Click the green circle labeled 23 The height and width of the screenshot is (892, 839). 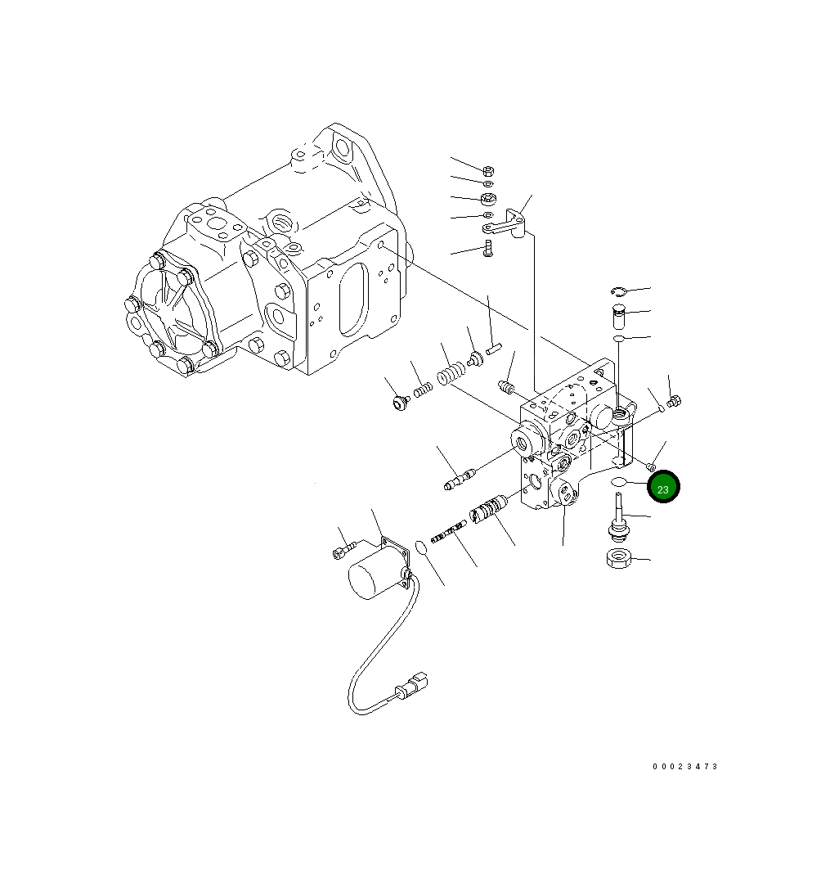663,488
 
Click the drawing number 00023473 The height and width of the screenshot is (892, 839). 684,767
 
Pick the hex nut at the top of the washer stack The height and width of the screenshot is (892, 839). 487,171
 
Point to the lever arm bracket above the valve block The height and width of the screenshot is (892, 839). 513,222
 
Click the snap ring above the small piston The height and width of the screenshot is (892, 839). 618,291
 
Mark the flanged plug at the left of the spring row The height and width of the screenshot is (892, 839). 401,403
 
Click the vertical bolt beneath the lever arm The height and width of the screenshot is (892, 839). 488,248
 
